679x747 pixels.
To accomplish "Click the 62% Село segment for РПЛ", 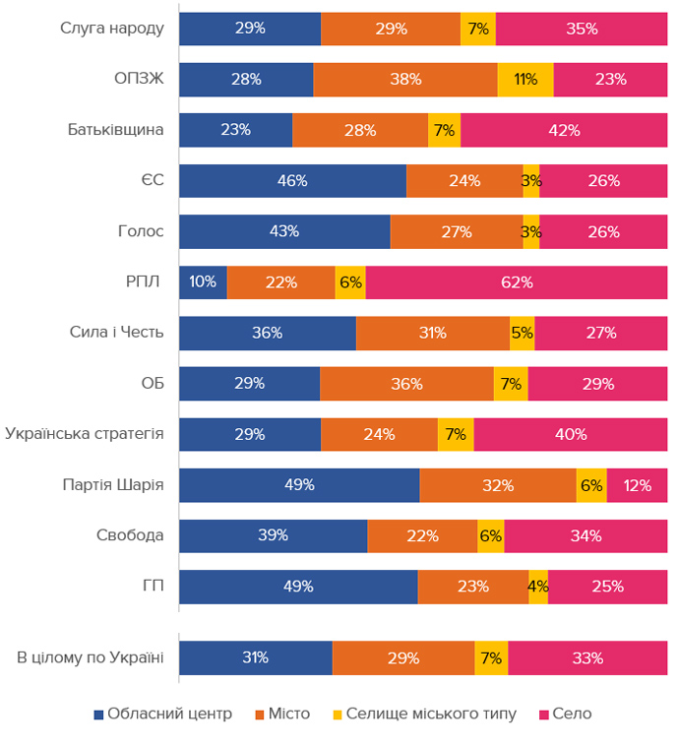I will (x=517, y=282).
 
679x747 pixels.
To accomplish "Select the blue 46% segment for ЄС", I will (x=292, y=181).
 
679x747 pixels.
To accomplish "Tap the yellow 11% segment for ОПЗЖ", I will (x=525, y=80).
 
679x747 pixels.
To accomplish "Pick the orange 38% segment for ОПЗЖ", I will (x=405, y=80).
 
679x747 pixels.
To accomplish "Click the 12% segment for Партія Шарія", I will (x=637, y=485).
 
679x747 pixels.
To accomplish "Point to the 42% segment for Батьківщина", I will (x=564, y=130).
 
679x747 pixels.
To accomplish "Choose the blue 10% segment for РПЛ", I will (x=203, y=282).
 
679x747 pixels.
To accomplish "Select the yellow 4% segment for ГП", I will (x=538, y=587).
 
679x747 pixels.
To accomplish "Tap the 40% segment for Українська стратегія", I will (x=571, y=434).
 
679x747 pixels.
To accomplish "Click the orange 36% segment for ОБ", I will (x=406, y=384).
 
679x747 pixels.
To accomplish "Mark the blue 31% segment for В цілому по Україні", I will (x=256, y=658).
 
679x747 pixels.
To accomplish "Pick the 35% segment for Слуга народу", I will (x=582, y=29).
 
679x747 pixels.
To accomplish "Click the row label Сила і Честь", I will (x=117, y=333).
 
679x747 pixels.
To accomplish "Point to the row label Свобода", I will (x=130, y=535).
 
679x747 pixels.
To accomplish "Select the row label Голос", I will (x=141, y=232).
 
